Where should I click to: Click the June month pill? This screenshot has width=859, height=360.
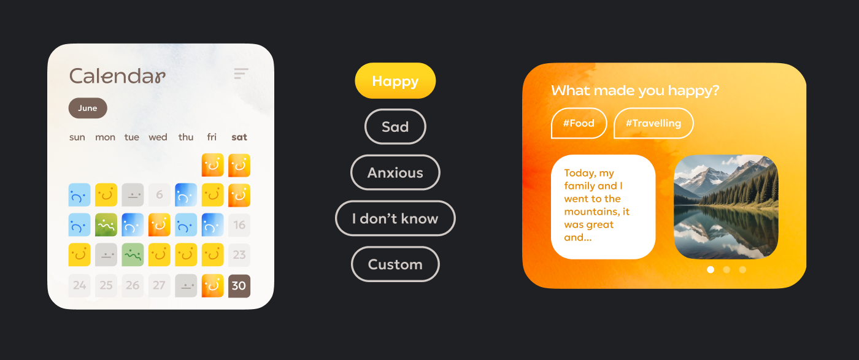[x=88, y=108]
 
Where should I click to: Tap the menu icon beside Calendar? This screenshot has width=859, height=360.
[x=241, y=73]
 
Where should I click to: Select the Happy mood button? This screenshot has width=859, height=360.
[x=395, y=81]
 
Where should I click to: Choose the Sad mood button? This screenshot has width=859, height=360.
[x=395, y=126]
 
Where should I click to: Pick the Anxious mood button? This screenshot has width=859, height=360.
[x=395, y=172]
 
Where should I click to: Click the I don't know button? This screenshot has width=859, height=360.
[x=395, y=218]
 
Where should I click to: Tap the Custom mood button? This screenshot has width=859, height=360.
[x=395, y=264]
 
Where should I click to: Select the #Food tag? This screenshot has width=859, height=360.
[x=579, y=123]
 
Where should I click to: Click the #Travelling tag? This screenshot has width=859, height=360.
[x=653, y=123]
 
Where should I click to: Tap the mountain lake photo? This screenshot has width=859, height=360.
[x=726, y=207]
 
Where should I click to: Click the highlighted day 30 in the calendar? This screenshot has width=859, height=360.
[x=239, y=286]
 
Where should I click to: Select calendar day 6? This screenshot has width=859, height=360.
[x=160, y=195]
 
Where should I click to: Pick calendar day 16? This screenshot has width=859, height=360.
[x=239, y=224]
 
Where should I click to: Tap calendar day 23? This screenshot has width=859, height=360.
[x=239, y=255]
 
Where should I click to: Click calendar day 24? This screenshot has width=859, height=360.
[x=79, y=285]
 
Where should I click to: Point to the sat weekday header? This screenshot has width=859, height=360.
[x=239, y=137]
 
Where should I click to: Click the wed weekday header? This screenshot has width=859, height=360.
[x=158, y=137]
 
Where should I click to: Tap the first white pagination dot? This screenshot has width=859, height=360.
[x=711, y=269]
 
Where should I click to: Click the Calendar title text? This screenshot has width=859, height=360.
[x=117, y=76]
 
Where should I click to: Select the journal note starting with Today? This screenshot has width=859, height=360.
[x=603, y=207]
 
